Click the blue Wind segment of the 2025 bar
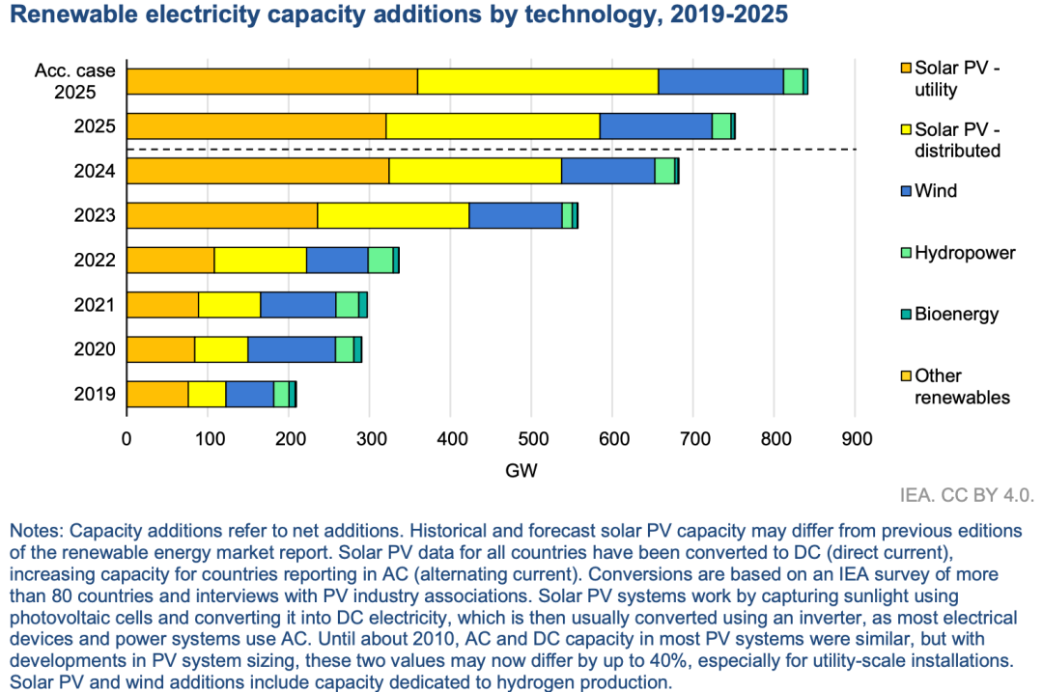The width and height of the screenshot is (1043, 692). point(656,126)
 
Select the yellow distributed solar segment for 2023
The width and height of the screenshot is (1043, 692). point(393,215)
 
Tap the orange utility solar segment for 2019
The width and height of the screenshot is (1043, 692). point(157,394)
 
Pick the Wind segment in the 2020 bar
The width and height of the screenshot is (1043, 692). point(292,349)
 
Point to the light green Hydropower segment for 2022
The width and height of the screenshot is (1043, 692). point(381,261)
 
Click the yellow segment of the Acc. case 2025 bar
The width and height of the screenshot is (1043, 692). point(538,82)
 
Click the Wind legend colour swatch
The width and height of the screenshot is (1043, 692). point(905,191)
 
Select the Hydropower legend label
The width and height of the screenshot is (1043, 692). point(965,253)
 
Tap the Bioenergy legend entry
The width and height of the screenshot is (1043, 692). point(956,315)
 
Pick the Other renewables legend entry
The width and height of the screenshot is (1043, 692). point(962,386)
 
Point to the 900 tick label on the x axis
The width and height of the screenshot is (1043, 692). point(855,439)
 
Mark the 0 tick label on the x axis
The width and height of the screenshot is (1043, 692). point(127,439)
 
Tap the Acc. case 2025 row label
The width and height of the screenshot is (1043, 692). point(75,82)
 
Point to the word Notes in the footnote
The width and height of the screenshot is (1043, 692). point(34,532)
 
